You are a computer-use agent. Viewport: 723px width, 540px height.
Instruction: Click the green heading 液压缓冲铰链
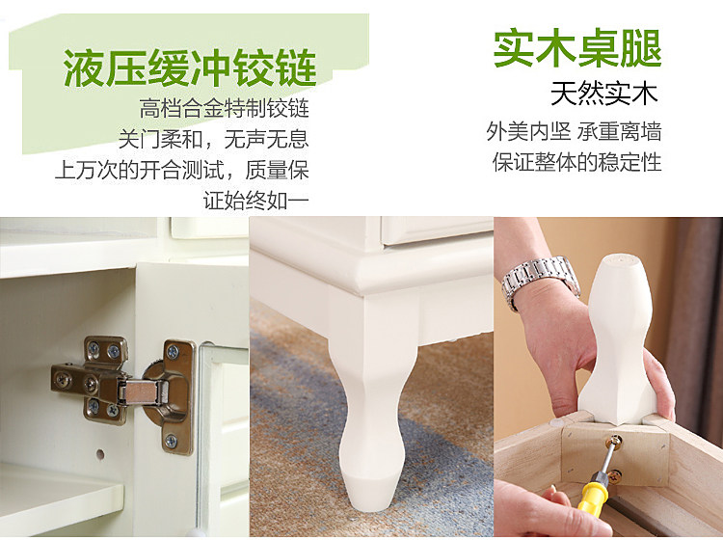click(x=190, y=68)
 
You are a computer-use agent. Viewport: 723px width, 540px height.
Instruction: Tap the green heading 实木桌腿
click(x=576, y=48)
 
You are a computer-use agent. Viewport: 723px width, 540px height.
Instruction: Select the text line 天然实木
click(x=604, y=94)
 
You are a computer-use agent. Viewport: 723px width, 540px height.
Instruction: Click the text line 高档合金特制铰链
click(x=224, y=108)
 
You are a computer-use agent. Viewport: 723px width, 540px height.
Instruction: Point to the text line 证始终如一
click(x=255, y=201)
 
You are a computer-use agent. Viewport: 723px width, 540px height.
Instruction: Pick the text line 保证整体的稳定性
click(x=576, y=162)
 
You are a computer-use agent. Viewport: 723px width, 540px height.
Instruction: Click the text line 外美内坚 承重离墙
click(x=574, y=131)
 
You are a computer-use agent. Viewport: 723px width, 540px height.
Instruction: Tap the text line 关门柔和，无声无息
click(x=213, y=139)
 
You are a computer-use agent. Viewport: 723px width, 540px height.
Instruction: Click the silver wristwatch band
click(x=540, y=281)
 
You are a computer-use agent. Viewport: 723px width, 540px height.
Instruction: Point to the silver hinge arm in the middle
click(x=142, y=391)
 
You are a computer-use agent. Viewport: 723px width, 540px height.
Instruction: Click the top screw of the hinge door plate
click(x=173, y=353)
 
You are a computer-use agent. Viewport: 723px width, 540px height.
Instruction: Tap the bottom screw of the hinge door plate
click(x=171, y=442)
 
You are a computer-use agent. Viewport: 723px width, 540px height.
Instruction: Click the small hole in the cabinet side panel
click(x=100, y=454)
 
